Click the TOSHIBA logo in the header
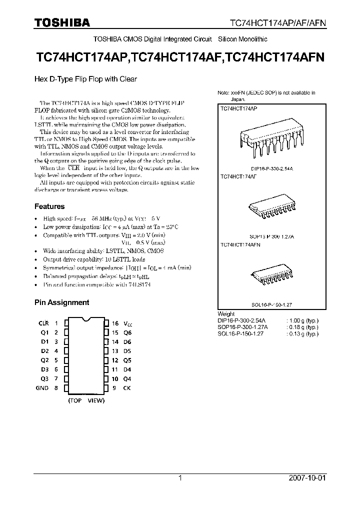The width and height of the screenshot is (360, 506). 62,22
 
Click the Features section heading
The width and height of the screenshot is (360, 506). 49,206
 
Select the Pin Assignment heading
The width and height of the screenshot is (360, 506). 61,302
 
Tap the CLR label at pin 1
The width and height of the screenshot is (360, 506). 43,323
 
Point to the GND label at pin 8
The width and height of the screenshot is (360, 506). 42,387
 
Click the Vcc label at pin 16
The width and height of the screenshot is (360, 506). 128,324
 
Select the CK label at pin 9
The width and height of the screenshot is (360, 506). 127,387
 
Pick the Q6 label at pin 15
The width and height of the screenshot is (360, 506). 127,332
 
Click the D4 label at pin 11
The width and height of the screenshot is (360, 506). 127,369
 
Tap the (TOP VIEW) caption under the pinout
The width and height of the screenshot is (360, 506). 86,400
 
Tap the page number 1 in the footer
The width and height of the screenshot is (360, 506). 180,478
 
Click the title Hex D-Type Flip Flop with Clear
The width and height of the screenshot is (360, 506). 85,79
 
